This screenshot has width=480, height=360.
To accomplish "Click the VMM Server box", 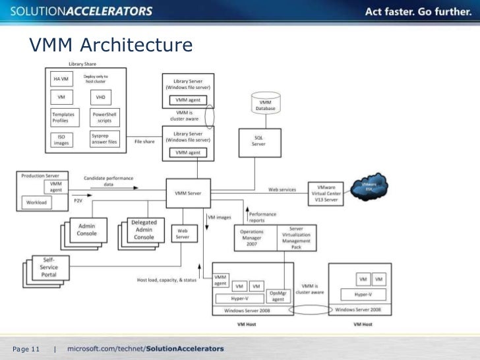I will click(188, 193).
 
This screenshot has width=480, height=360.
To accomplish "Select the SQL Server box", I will click(258, 141).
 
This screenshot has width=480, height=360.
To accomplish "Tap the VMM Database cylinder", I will click(265, 104).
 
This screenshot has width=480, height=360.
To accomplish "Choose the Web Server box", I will click(183, 233).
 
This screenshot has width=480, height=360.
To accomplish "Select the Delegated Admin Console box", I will click(144, 230).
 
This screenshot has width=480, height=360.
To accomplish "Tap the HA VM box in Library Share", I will click(60, 79).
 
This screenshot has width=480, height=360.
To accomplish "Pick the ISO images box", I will click(60, 139).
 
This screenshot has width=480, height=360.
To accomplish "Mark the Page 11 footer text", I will click(26, 348).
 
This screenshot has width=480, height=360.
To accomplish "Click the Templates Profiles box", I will click(64, 117).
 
